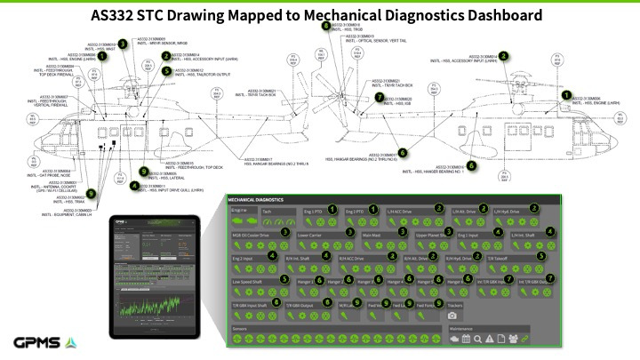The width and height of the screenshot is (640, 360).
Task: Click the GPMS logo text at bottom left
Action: [x=36, y=341]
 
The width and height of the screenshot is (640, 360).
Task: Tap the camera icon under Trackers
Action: [x=452, y=316]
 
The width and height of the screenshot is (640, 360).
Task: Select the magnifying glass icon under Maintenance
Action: [x=477, y=339]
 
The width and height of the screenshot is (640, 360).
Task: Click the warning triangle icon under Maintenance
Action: [x=491, y=339]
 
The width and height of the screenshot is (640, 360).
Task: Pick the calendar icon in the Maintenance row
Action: [x=466, y=339]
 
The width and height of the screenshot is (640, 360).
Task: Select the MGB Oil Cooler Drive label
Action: [x=252, y=236]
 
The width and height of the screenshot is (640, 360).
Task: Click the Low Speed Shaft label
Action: [x=250, y=280]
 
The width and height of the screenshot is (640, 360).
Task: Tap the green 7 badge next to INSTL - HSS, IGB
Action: [x=379, y=97]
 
